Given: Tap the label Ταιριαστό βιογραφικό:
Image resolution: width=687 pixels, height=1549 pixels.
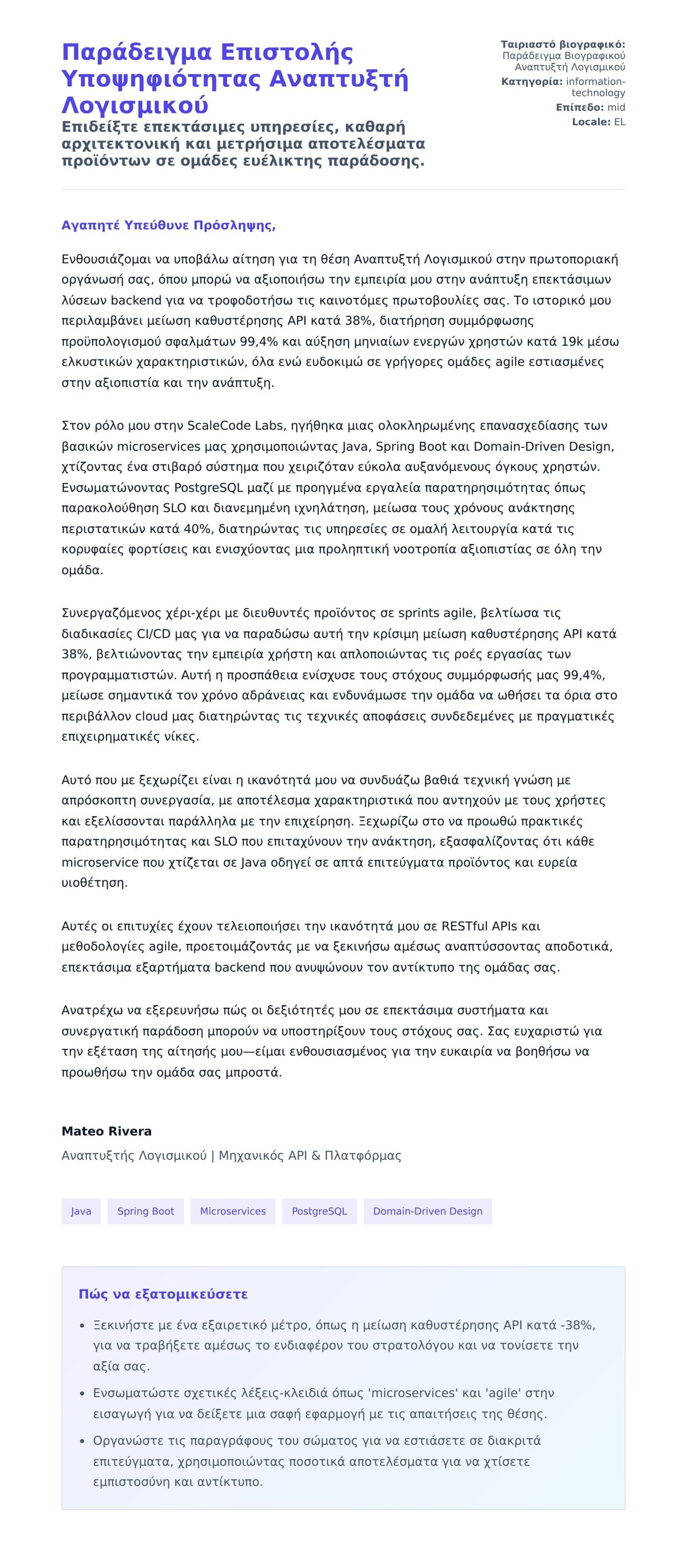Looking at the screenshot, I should click(x=562, y=45).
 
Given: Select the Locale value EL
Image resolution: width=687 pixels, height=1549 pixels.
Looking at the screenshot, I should click(x=619, y=122).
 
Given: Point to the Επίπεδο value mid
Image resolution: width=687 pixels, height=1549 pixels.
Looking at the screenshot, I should click(x=616, y=108).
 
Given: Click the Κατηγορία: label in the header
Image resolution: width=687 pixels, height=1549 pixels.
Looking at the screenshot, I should click(x=532, y=82).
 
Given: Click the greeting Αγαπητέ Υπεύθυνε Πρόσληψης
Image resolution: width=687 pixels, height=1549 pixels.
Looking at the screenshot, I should click(x=168, y=225).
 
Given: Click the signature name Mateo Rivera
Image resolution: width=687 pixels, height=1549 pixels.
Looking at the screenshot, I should click(x=106, y=1131).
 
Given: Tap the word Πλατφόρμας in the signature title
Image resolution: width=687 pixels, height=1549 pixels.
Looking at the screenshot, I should click(x=363, y=1155).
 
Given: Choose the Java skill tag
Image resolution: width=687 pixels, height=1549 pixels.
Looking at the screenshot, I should click(x=81, y=1211).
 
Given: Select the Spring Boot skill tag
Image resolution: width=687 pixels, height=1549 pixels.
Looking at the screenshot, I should click(x=145, y=1211).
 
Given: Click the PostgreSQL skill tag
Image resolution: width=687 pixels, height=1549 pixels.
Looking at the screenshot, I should click(x=319, y=1211).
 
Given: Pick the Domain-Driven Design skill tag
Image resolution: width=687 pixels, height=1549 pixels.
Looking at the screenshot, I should click(x=428, y=1211).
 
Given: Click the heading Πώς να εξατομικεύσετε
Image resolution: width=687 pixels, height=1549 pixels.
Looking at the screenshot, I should click(x=163, y=1294).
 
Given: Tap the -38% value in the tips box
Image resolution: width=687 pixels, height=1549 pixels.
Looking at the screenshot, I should click(x=578, y=1325).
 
